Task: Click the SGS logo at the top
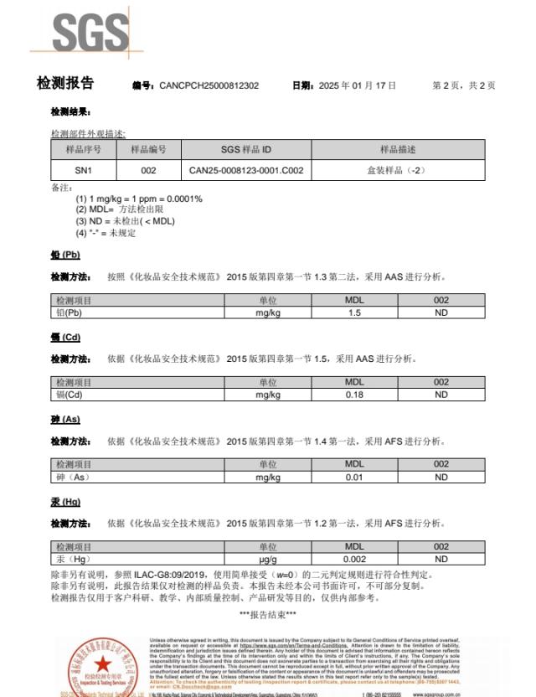coord(90,34)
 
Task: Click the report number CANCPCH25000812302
coord(209,85)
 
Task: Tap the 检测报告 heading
coord(65,84)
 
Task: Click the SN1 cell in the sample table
coord(83,170)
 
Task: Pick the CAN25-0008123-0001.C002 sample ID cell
coord(246,170)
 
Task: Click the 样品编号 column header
coord(148,150)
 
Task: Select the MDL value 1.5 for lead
coord(354,312)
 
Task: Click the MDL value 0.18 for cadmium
coord(354,395)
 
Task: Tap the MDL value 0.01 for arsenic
coord(354,477)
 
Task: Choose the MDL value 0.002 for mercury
coord(354,559)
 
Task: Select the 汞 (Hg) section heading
coord(65,502)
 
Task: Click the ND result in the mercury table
coord(441,559)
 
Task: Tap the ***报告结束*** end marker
coord(268,615)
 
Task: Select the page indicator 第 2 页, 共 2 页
coord(463,85)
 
